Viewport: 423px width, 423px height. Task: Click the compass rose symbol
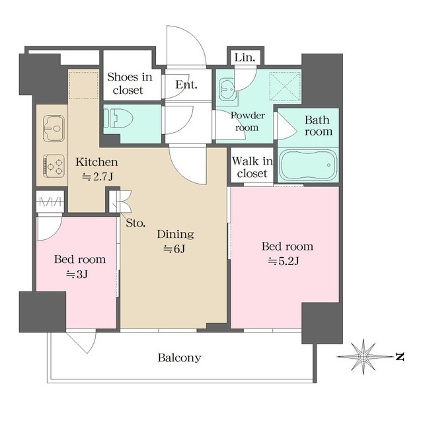pyautogui.click(x=363, y=357)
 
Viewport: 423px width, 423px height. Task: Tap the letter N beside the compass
pyautogui.click(x=399, y=357)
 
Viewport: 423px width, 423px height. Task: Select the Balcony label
pyautogui.click(x=179, y=358)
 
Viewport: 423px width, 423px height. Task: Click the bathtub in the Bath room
pyautogui.click(x=307, y=165)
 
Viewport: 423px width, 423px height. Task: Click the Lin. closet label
pyautogui.click(x=245, y=58)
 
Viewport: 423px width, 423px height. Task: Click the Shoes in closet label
pyautogui.click(x=130, y=83)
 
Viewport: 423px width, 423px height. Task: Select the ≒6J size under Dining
pyautogui.click(x=174, y=249)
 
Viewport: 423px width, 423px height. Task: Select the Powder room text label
pyautogui.click(x=248, y=121)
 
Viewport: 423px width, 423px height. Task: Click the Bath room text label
pyautogui.click(x=317, y=126)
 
